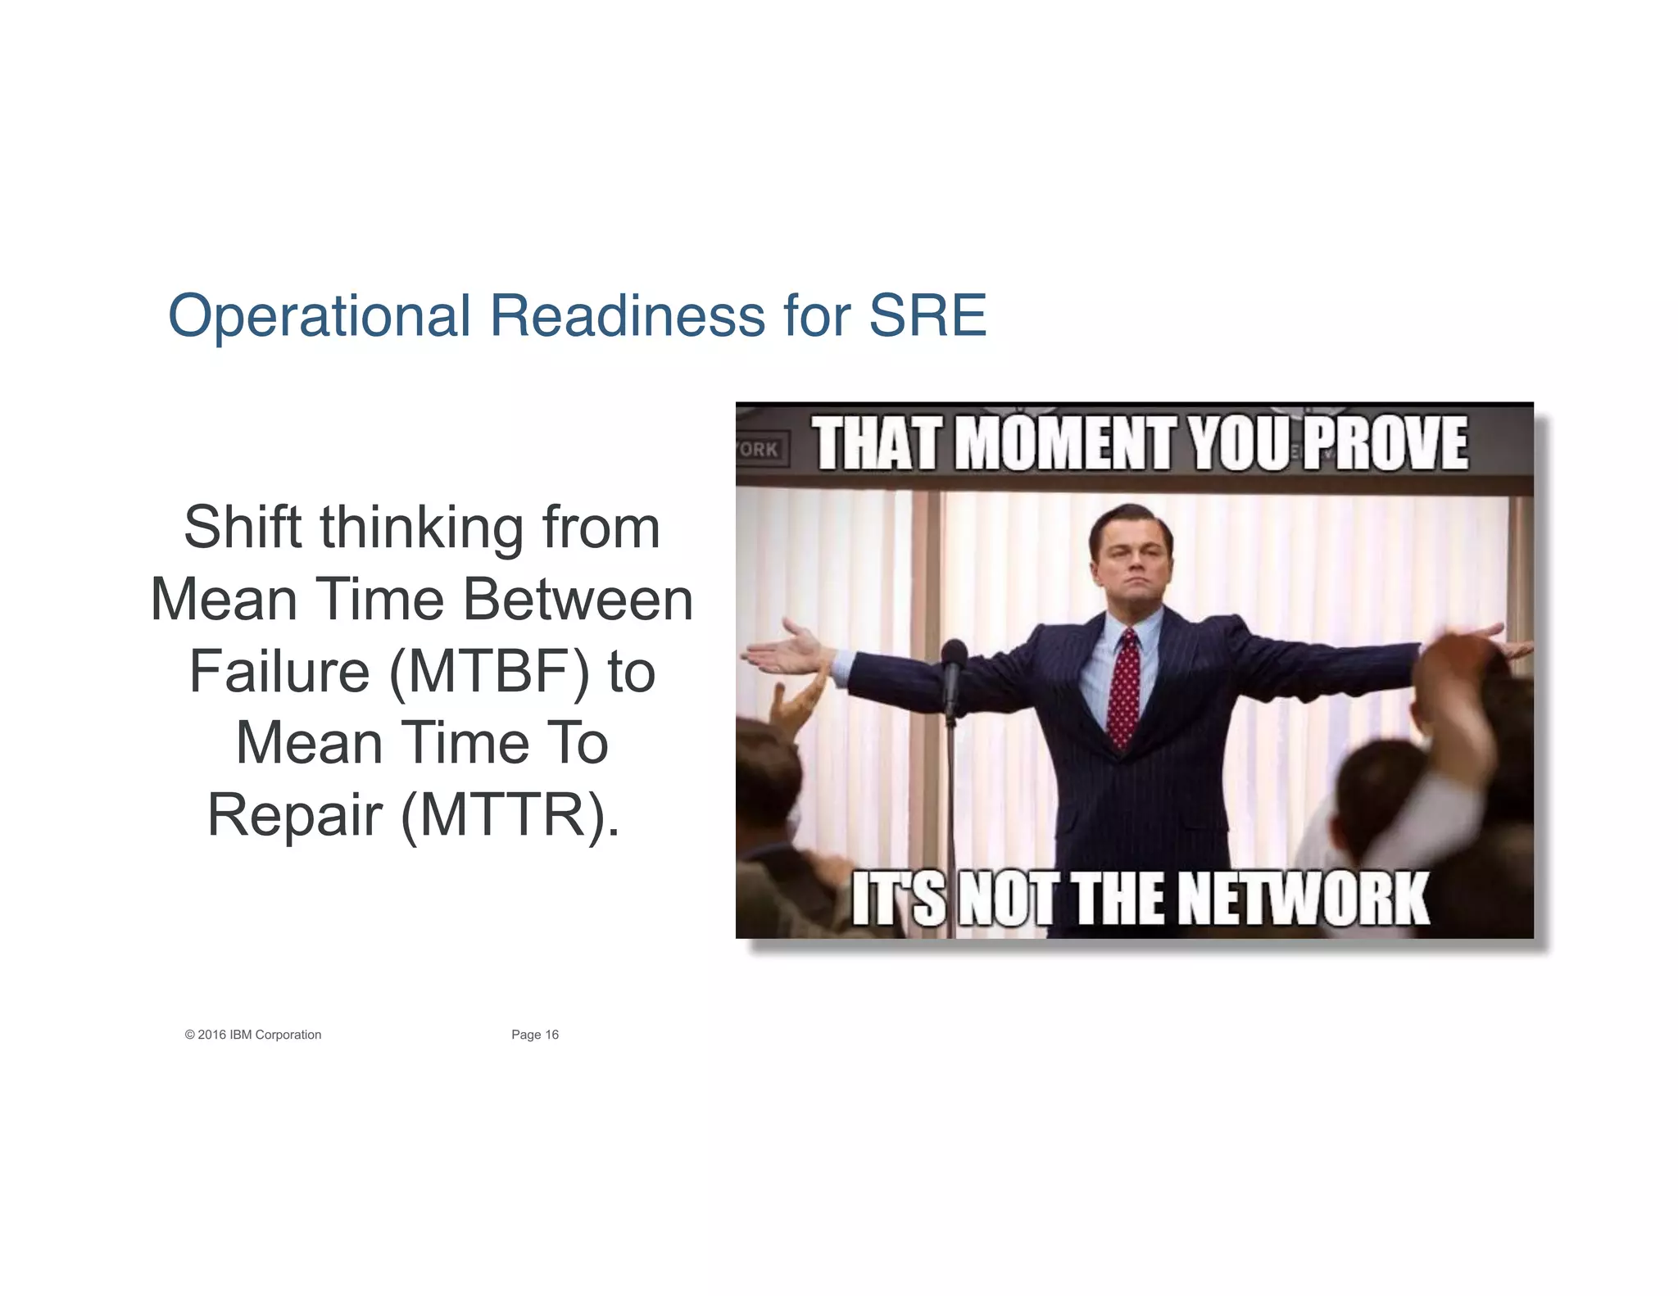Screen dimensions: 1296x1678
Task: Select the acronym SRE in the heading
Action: (927, 316)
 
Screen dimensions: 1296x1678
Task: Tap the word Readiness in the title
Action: (627, 316)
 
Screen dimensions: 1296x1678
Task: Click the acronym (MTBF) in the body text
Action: (489, 672)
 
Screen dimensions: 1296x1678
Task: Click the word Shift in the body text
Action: (243, 528)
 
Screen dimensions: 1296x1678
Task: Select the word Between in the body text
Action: (578, 600)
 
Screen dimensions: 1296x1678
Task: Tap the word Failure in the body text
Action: (279, 672)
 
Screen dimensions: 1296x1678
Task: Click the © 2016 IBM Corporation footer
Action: (253, 1035)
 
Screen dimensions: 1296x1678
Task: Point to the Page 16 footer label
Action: (535, 1035)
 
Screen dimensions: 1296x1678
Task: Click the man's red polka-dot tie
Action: (1124, 688)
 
